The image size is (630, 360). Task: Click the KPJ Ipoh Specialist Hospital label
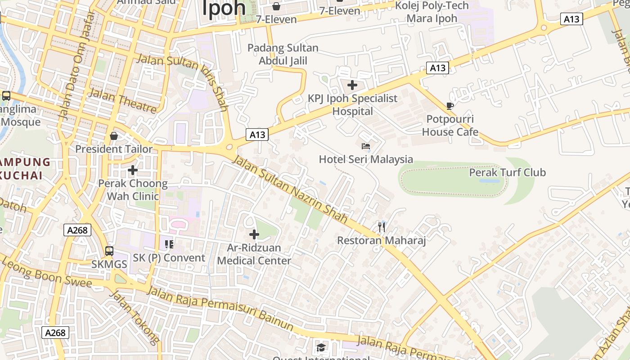click(x=352, y=105)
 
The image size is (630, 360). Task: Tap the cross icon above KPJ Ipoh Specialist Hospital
click(x=352, y=85)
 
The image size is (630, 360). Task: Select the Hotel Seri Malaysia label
click(x=366, y=159)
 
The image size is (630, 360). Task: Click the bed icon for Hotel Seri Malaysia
click(x=366, y=146)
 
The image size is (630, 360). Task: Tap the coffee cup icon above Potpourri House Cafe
click(x=450, y=106)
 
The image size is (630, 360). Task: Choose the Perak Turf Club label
click(x=507, y=172)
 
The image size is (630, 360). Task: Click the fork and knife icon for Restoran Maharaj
click(x=382, y=227)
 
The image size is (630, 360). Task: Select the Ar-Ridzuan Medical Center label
click(x=254, y=254)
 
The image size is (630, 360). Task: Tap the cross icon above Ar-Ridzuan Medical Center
click(x=254, y=234)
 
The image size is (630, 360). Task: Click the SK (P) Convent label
click(x=169, y=258)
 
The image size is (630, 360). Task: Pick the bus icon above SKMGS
click(x=109, y=251)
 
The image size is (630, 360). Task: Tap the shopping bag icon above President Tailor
click(x=114, y=136)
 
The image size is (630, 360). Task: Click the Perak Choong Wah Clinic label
click(x=133, y=190)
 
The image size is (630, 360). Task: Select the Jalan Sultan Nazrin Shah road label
click(x=290, y=189)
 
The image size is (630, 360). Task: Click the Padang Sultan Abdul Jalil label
click(x=283, y=54)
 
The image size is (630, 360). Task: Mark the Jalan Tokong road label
click(x=135, y=317)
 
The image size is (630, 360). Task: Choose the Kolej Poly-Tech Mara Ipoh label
click(x=432, y=12)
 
